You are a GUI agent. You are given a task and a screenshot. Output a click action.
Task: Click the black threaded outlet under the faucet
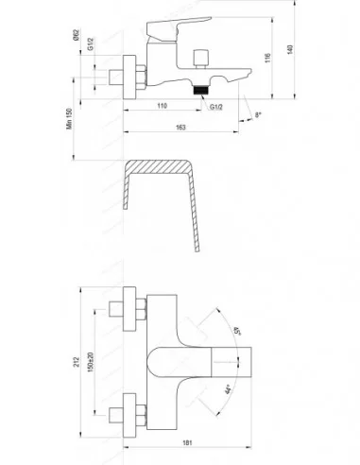198,92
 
